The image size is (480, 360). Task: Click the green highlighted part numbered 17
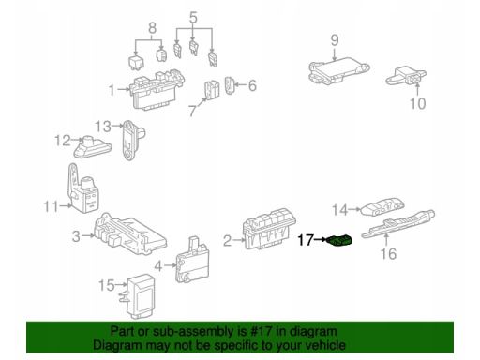coord(339,241)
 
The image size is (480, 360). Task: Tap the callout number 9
coord(335,40)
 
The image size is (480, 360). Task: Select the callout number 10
coord(417,103)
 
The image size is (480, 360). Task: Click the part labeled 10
coord(406,76)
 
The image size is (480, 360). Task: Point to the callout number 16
coord(388,253)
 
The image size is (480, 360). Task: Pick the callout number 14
coord(339,210)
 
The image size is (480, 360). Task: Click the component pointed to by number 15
coord(140,296)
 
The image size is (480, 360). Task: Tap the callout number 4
coord(158,266)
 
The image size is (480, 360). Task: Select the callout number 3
coord(76,236)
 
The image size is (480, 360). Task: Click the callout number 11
coord(51,206)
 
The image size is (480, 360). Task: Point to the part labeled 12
coord(93,147)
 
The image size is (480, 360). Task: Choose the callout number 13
coord(103,127)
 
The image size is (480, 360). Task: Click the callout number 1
coord(112,90)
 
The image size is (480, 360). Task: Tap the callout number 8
coord(152,28)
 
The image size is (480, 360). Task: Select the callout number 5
coord(193,18)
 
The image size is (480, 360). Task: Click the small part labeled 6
coord(230,85)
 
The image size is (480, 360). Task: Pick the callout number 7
coord(193,110)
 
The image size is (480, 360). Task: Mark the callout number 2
coord(227,241)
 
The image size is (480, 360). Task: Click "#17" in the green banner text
coord(260,331)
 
